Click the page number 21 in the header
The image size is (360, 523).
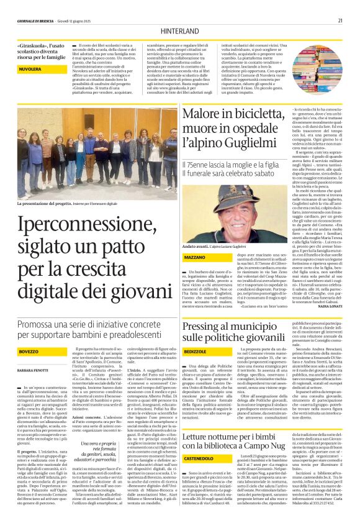point(341,20)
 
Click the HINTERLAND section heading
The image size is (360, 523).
point(180,31)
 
